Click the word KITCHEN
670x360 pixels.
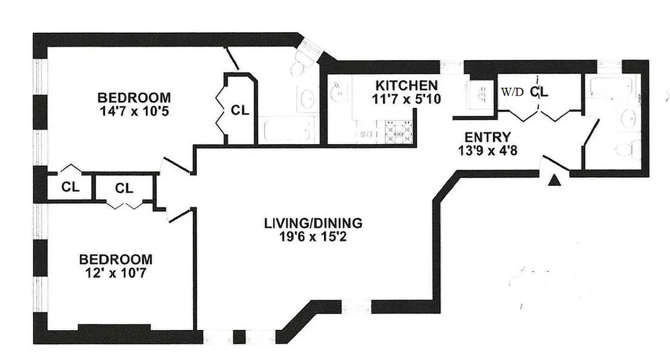[x=406, y=85]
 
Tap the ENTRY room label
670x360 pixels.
[x=487, y=137]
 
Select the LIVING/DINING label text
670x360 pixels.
[x=313, y=223]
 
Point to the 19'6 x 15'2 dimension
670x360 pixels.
[x=313, y=236]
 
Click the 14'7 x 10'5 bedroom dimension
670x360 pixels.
[x=134, y=110]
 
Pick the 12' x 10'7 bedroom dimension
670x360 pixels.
[x=116, y=273]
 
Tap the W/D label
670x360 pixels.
[x=513, y=93]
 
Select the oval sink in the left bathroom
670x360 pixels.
[x=308, y=99]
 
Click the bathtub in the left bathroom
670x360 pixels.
[x=288, y=130]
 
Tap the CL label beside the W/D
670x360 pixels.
[x=539, y=92]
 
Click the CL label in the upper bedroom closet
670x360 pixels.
[x=240, y=110]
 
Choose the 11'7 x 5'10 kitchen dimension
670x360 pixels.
[x=406, y=99]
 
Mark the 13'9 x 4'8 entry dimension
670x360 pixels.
[x=487, y=150]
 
